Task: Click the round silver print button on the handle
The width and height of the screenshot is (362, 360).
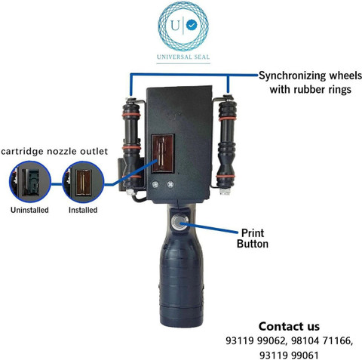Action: [179, 222]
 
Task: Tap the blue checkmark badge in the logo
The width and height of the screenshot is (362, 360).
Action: [192, 25]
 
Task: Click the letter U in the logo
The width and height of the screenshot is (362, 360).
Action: [175, 25]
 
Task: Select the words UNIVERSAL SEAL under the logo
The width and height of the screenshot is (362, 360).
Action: [183, 57]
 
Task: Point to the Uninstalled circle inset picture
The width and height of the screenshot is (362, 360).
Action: [30, 182]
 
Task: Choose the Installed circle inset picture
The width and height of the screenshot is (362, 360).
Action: [83, 182]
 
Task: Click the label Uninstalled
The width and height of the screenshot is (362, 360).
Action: [29, 210]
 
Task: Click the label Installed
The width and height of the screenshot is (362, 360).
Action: [83, 210]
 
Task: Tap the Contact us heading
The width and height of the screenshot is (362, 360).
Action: [289, 327]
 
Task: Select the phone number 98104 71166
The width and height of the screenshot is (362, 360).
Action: [322, 341]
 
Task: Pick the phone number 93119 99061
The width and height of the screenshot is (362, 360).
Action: [289, 355]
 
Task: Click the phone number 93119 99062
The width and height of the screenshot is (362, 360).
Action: [256, 341]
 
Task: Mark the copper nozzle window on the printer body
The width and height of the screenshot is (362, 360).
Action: [163, 154]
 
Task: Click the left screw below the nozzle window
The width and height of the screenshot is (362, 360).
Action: [155, 185]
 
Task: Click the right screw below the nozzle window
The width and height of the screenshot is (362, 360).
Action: [170, 184]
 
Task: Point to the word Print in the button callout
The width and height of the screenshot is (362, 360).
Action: [253, 233]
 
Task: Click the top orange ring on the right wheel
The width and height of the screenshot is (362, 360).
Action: [227, 118]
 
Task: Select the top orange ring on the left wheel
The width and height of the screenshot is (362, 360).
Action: [131, 115]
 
